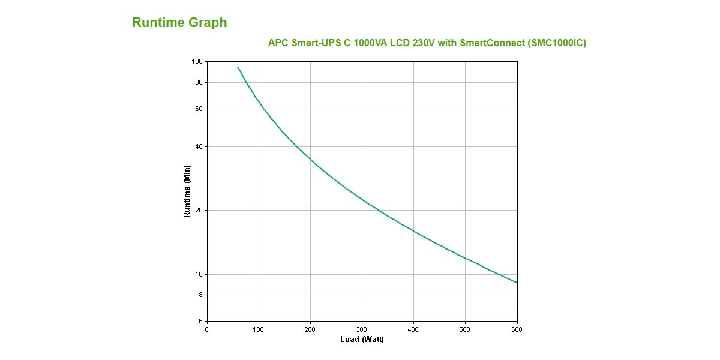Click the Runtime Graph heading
179,23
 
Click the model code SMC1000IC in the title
557,43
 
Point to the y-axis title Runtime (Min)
187,191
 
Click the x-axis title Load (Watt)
362,340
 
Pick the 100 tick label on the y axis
197,61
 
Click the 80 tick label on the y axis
199,82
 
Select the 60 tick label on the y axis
199,109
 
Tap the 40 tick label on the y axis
199,146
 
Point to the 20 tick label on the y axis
199,210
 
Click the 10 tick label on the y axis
199,274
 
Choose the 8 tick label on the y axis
200,295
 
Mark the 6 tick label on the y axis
200,321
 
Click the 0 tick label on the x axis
207,329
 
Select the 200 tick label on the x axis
310,329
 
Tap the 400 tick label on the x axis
413,329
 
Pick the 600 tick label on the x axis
517,329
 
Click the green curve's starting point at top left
238,67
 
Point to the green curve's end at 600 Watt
517,282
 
